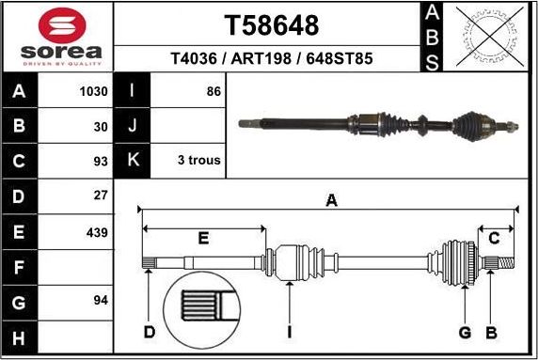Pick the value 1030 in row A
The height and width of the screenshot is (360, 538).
(x=94, y=91)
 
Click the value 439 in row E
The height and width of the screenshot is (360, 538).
(x=96, y=232)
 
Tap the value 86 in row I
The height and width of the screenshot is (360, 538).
(x=213, y=91)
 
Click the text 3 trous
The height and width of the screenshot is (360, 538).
(x=198, y=160)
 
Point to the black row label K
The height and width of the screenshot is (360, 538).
(x=131, y=160)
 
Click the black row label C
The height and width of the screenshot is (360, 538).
(x=19, y=161)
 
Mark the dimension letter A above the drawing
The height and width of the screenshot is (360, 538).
(x=330, y=199)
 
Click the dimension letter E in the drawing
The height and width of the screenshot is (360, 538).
(x=203, y=239)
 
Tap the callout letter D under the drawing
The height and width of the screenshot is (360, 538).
(x=149, y=331)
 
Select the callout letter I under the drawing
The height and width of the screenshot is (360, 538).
(x=289, y=332)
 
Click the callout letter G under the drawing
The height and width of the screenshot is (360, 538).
(x=465, y=332)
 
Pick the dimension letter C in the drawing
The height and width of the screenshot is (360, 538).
(x=494, y=239)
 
